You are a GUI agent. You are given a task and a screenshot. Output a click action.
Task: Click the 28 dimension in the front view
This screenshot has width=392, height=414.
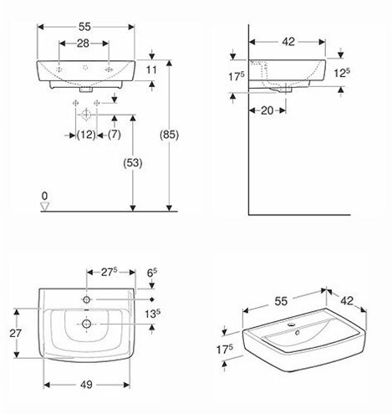pos(83,43)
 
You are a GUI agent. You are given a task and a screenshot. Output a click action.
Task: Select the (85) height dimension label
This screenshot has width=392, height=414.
pos(169,135)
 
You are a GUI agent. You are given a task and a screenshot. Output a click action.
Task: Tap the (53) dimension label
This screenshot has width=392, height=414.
pos(133,163)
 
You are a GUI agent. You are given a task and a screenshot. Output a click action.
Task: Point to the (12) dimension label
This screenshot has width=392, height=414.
pos(86,135)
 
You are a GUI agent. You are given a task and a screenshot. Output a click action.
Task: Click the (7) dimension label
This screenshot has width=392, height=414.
pos(115,135)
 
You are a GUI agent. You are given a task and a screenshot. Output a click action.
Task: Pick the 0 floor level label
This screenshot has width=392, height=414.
pos(44,197)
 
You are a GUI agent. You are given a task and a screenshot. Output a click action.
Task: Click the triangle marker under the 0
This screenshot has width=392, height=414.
pos(44,207)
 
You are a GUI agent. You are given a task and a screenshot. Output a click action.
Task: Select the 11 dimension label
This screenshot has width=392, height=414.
pos(151,69)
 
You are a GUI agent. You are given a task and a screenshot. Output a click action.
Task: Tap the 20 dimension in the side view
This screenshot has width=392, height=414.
pos(267,110)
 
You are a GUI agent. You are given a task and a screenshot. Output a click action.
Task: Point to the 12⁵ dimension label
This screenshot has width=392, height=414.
pos(342,73)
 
